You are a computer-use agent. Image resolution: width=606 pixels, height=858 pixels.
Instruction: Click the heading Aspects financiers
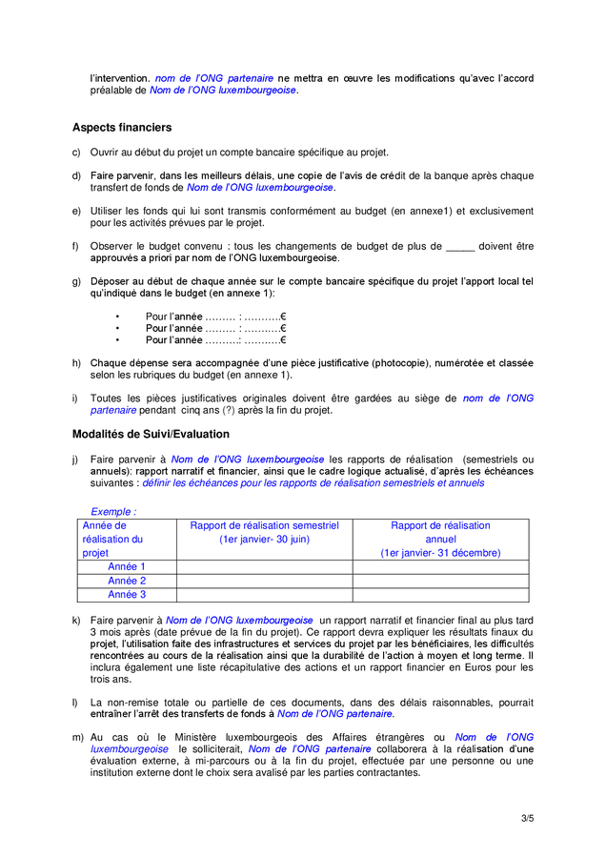122,127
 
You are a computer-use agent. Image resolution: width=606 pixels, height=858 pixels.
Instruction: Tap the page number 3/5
527,818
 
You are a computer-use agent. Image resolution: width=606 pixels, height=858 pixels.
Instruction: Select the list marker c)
76,153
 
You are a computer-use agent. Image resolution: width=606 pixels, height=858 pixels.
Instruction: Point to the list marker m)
77,737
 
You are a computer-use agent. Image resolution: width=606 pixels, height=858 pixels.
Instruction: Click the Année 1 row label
127,566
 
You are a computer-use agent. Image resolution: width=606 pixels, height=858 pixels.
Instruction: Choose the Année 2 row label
127,581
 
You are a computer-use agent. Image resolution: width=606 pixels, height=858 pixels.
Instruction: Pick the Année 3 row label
127,595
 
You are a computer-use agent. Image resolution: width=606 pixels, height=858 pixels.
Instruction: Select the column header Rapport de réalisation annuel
440,539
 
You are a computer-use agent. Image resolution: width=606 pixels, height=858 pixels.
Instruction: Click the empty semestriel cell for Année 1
264,566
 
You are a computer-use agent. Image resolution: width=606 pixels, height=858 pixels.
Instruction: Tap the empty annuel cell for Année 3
440,595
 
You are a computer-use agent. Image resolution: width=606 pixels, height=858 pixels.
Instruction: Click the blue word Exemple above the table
111,512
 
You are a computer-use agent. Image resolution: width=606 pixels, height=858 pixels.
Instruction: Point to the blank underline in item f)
459,246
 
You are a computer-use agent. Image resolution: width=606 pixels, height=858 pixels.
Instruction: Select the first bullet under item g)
117,317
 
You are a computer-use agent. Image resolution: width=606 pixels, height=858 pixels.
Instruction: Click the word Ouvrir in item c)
106,153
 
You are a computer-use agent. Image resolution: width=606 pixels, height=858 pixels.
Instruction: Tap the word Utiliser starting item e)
109,211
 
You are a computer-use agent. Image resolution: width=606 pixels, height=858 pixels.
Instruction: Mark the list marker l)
75,702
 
